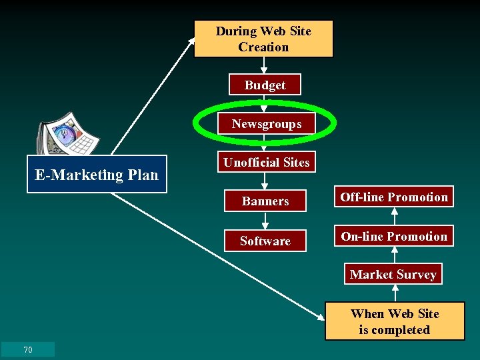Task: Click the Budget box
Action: coord(265,85)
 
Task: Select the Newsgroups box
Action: coord(266,123)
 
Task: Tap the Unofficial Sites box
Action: coord(266,162)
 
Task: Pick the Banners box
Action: coord(265,201)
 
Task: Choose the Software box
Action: coord(265,241)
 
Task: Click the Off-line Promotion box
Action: coord(394,197)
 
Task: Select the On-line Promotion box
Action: coord(394,236)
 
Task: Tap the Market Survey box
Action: coord(393,274)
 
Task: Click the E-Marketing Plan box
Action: coord(97,175)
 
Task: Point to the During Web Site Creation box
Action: coord(263,39)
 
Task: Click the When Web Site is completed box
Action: coord(395,321)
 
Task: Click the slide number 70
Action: coord(28,350)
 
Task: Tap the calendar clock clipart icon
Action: coord(67,136)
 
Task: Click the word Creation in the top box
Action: coord(263,47)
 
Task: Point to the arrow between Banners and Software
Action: coord(265,220)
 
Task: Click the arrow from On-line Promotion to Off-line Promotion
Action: coord(394,216)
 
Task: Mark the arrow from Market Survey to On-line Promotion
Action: coord(394,255)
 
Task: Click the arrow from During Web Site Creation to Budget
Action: coord(264,65)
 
